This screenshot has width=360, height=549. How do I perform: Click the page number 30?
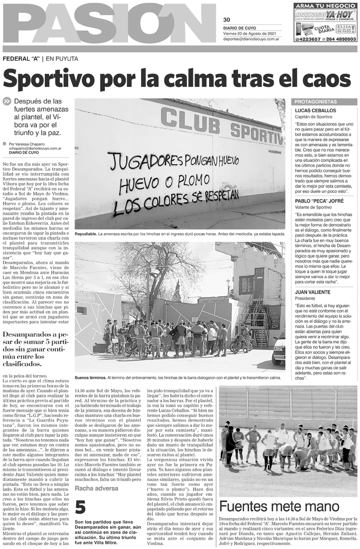(226, 19)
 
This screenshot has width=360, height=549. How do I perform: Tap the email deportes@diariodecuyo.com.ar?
(252, 39)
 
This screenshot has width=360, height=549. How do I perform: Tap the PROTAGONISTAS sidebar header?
(316, 102)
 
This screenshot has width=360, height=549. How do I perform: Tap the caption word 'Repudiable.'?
(85, 234)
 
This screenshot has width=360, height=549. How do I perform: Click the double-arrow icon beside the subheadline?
(7, 101)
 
